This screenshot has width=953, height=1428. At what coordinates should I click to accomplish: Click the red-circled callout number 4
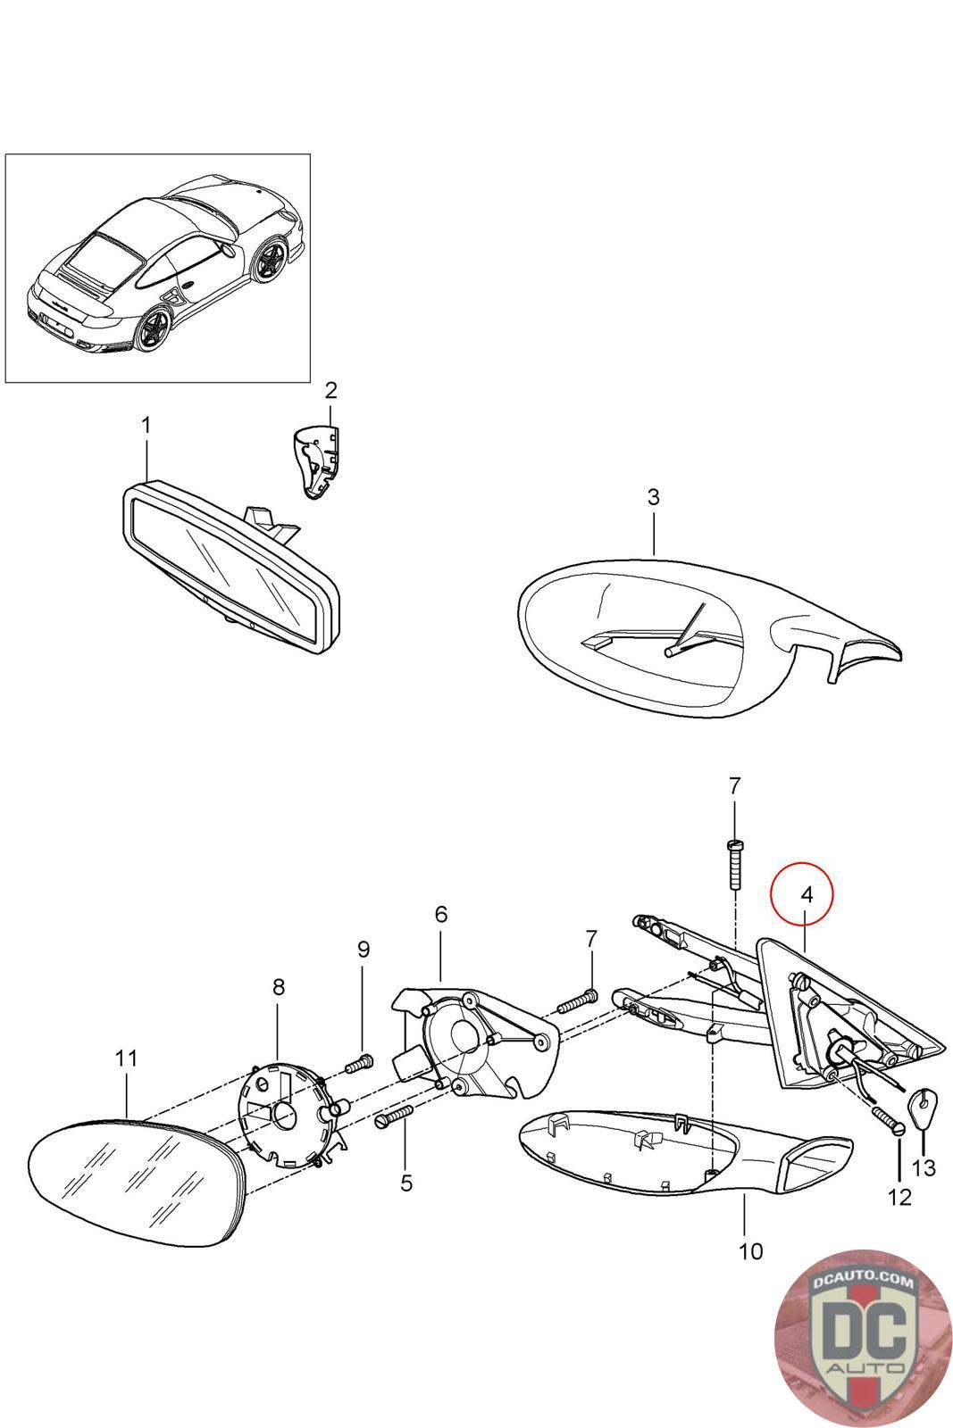[x=806, y=894]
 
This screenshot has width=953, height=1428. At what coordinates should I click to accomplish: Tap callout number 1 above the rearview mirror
[x=146, y=426]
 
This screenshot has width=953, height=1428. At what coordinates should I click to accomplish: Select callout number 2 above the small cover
[x=330, y=390]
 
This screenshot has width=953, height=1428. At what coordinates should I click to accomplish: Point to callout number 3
[x=653, y=497]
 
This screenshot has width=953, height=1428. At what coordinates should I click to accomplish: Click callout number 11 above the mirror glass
[x=127, y=1059]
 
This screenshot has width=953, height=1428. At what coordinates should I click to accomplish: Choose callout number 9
[x=363, y=949]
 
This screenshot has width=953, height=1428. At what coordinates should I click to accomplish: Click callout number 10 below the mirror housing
[x=751, y=1251]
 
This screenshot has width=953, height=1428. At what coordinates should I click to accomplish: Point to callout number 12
[x=899, y=1197]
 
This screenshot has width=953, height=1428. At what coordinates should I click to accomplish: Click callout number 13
[x=924, y=1166]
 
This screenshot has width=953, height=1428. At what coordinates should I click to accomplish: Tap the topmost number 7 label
[x=734, y=786]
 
